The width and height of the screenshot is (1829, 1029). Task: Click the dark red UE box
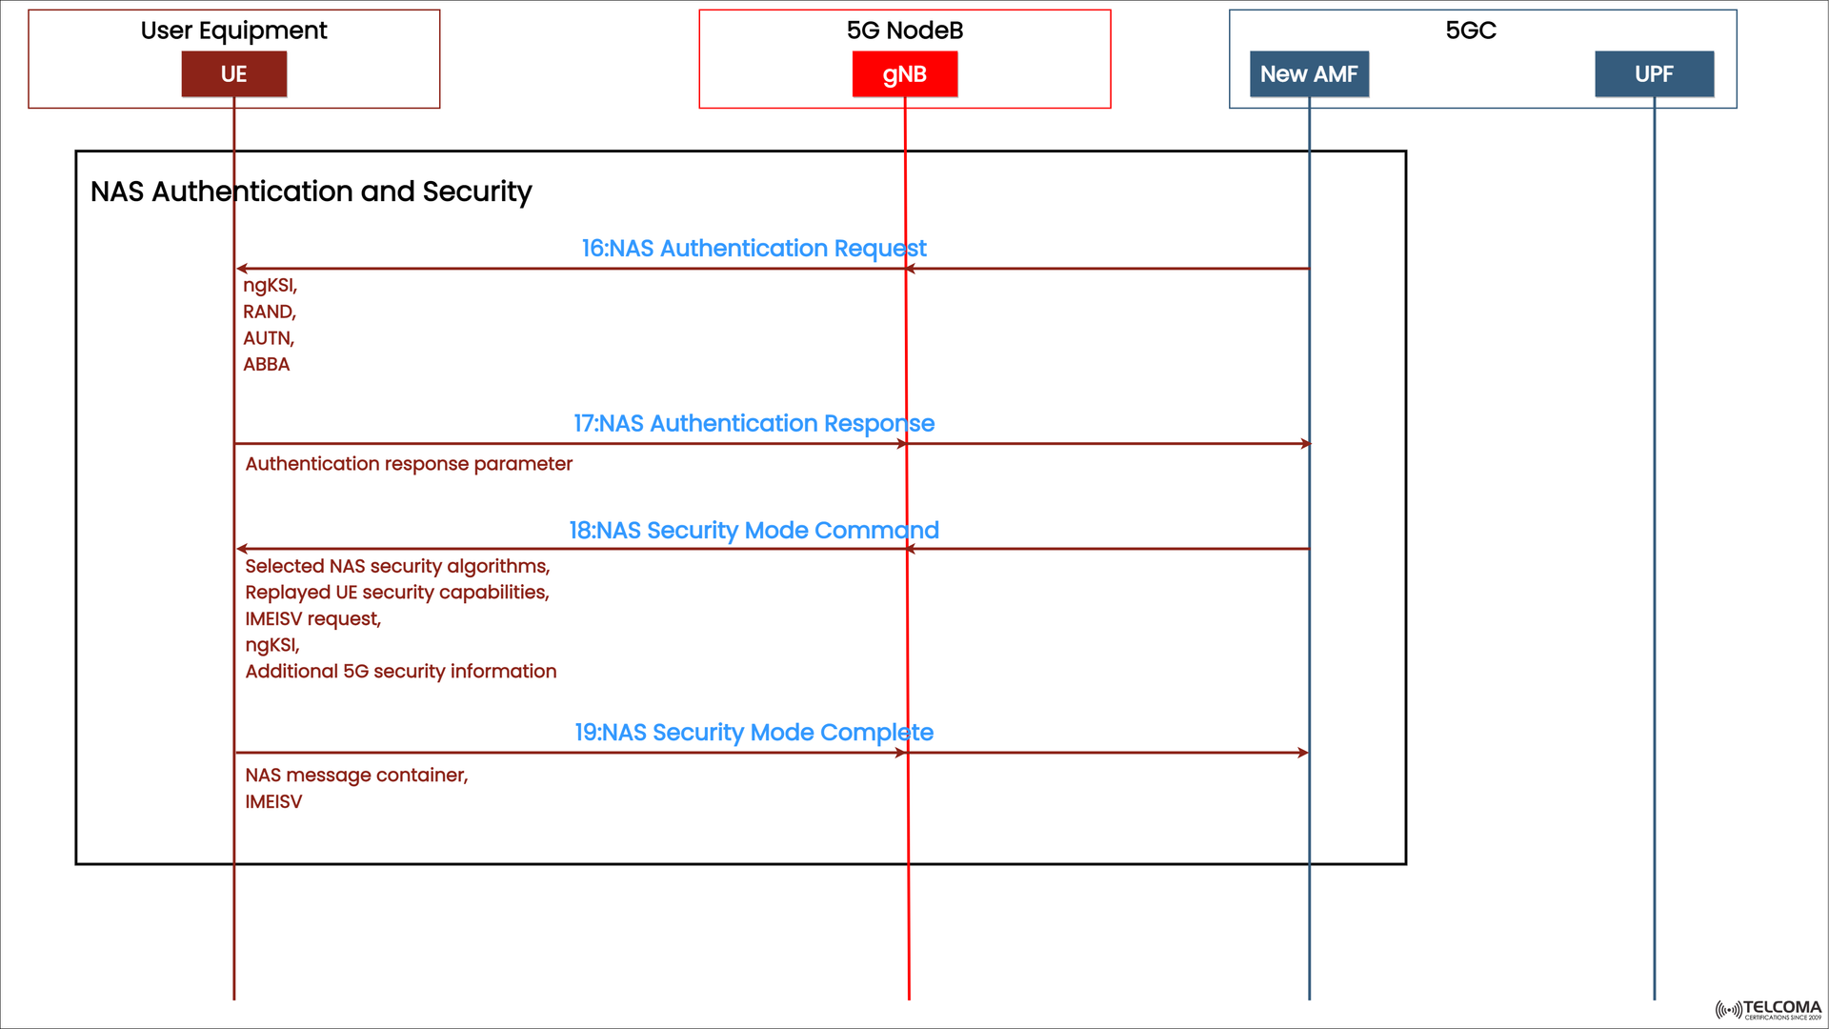pyautogui.click(x=233, y=74)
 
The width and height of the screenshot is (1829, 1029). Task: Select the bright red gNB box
pyautogui.click(x=904, y=74)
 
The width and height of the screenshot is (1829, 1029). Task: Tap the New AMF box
pyautogui.click(x=1308, y=74)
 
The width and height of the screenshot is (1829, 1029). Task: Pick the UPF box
pyautogui.click(x=1654, y=74)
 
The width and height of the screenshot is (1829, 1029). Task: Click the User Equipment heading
pyautogui.click(x=233, y=30)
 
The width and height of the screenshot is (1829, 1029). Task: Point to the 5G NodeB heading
pyautogui.click(x=904, y=30)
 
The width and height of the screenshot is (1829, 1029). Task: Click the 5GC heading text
pyautogui.click(x=1470, y=30)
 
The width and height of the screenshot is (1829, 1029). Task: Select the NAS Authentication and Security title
pyautogui.click(x=311, y=192)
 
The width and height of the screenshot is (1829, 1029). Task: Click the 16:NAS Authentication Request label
pyautogui.click(x=754, y=249)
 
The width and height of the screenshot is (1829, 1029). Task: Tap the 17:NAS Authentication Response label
pyautogui.click(x=754, y=423)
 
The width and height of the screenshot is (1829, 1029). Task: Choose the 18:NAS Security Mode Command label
pyautogui.click(x=754, y=531)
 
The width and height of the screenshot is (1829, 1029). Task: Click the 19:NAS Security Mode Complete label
pyautogui.click(x=754, y=733)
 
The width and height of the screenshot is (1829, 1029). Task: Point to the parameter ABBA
pyautogui.click(x=266, y=365)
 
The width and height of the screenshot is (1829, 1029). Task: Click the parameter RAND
pyautogui.click(x=269, y=312)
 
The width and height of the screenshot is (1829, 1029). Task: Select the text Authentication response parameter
pyautogui.click(x=409, y=464)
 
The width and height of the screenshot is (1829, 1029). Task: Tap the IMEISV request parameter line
pyautogui.click(x=312, y=619)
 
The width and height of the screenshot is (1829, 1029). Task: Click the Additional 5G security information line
pyautogui.click(x=400, y=672)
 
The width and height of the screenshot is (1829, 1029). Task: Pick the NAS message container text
pyautogui.click(x=356, y=776)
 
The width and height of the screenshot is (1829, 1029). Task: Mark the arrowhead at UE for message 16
pyautogui.click(x=242, y=269)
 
